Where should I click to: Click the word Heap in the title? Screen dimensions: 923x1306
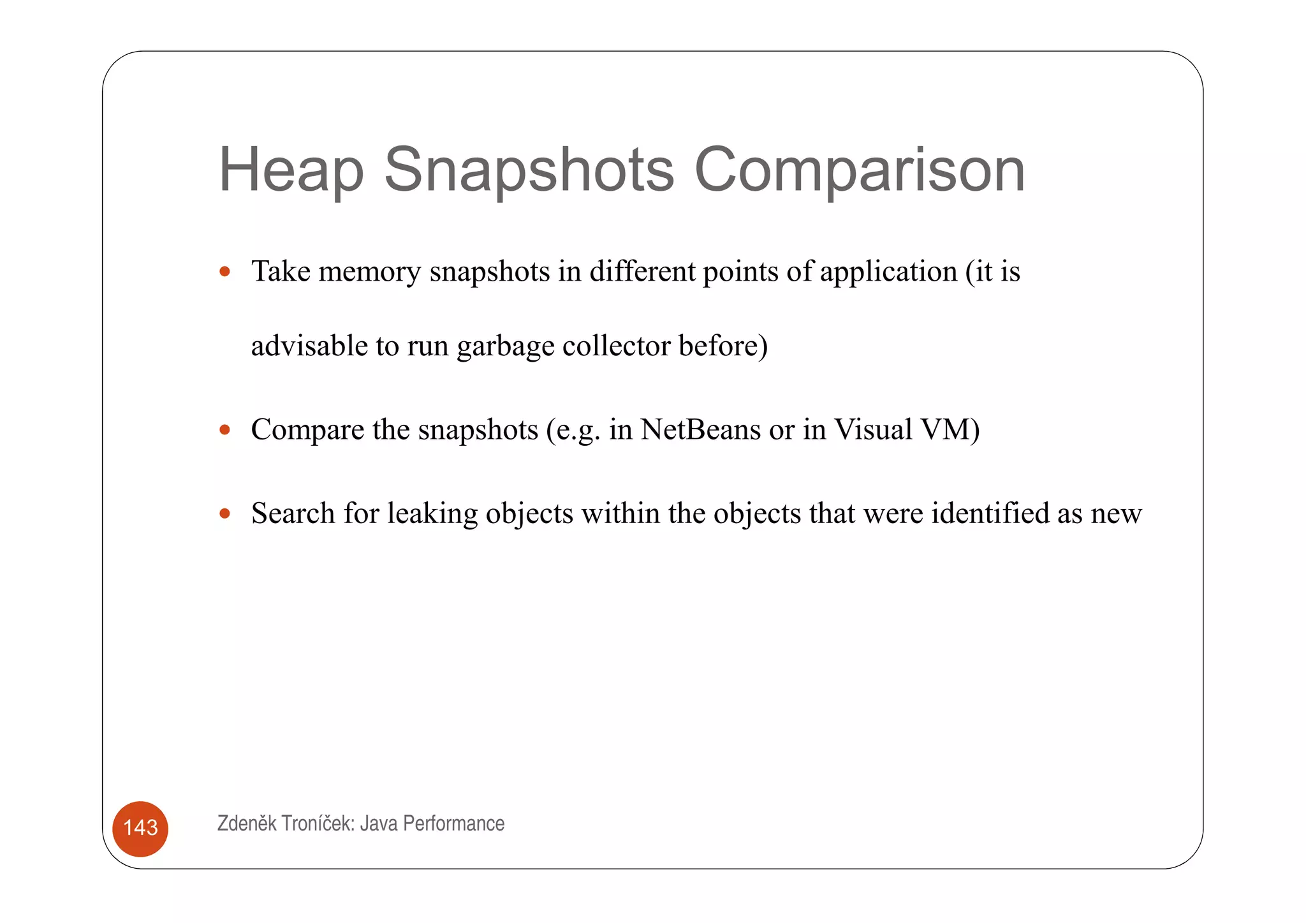[x=291, y=170]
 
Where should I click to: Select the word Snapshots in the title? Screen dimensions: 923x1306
[x=529, y=170]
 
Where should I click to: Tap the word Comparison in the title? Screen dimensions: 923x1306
[x=859, y=170]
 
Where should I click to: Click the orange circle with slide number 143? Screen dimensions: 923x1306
[x=140, y=828]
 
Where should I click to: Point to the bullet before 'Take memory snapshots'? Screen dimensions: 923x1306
[x=224, y=272]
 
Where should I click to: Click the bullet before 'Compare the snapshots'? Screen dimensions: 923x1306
[x=224, y=430]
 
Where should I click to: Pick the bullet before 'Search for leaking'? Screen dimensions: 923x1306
[x=224, y=513]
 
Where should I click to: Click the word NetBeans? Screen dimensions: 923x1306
[x=700, y=429]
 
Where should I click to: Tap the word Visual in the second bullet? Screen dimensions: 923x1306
[x=873, y=429]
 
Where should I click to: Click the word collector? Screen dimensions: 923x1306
[x=616, y=346]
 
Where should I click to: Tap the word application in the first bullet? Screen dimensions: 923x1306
[x=888, y=272]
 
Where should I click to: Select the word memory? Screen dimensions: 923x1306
[x=369, y=272]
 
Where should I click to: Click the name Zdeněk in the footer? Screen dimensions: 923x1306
[x=247, y=823]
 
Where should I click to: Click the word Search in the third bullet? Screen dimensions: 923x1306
[x=293, y=513]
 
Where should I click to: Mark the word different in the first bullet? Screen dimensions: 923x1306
[x=642, y=271]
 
